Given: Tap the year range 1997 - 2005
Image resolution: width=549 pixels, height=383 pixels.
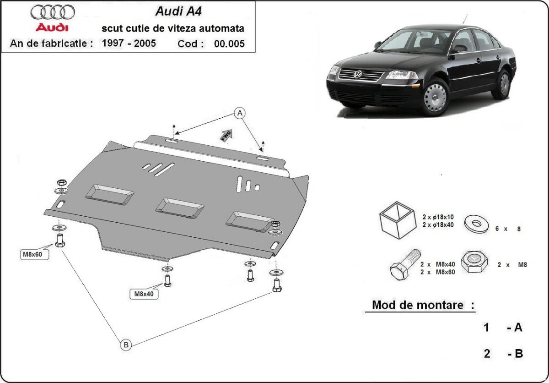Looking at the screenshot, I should (129, 44).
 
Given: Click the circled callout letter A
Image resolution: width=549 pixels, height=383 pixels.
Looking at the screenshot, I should (239, 113).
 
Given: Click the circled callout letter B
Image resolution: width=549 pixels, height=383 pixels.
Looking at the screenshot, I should (126, 345).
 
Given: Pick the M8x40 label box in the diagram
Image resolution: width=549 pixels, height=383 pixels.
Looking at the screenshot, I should (144, 294).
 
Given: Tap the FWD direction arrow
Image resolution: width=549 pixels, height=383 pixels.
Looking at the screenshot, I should (227, 136).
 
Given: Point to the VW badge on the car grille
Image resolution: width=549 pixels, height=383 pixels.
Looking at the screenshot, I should (358, 74).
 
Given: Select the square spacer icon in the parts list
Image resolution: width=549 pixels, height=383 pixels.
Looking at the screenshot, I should (397, 221).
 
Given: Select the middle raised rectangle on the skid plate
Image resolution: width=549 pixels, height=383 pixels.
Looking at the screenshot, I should (179, 208).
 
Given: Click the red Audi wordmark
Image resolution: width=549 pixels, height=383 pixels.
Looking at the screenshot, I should (52, 27).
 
